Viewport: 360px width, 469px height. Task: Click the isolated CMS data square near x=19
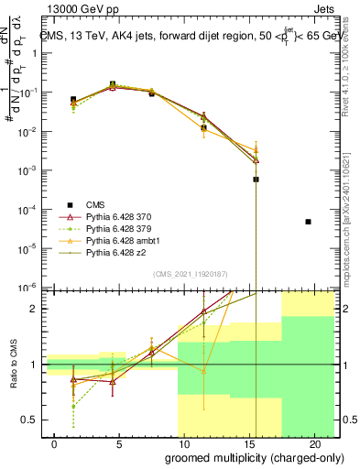coord(309,222)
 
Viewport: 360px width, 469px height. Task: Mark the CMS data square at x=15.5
coord(256,180)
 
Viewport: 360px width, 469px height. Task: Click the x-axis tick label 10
coord(183,443)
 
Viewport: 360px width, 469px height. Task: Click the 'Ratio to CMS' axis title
coord(11,365)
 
